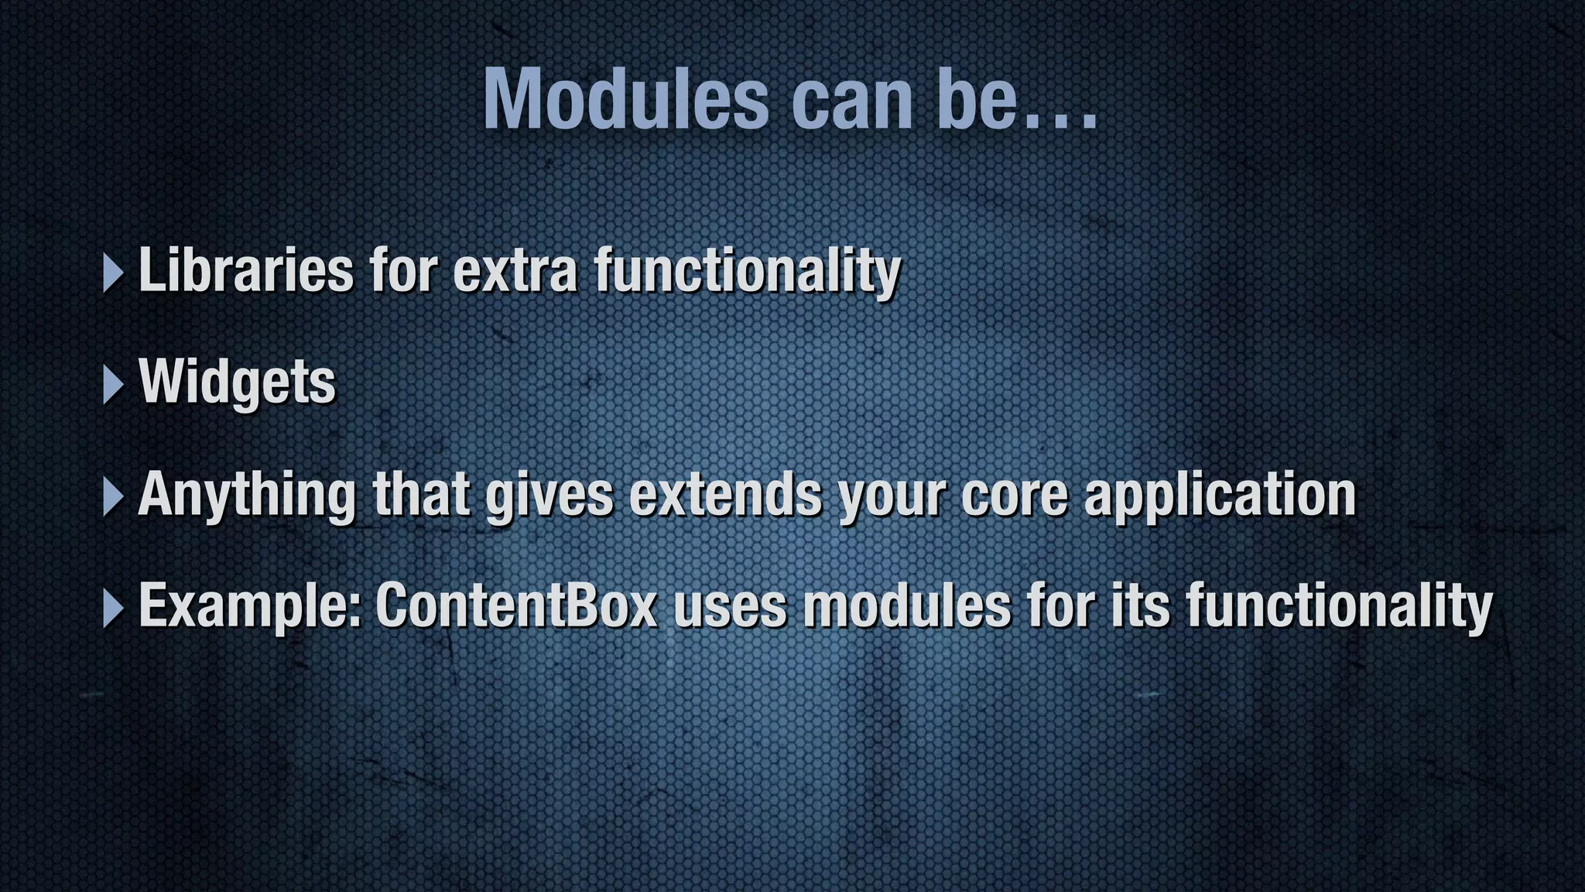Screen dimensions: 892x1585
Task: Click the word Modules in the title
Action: pyautogui.click(x=626, y=100)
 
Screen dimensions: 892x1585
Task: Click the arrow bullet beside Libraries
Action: pyautogui.click(x=113, y=273)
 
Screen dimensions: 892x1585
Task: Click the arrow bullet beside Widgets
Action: pyautogui.click(x=113, y=384)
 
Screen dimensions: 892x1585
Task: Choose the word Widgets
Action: pyautogui.click(x=238, y=382)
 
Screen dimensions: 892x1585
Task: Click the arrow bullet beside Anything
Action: pyautogui.click(x=113, y=496)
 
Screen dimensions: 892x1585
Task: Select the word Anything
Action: pyautogui.click(x=247, y=496)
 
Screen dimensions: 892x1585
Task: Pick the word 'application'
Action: pyautogui.click(x=1220, y=496)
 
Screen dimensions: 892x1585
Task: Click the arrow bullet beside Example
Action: pyautogui.click(x=113, y=608)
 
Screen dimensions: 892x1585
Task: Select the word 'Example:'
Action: pyautogui.click(x=250, y=607)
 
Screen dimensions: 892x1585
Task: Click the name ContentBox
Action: pyautogui.click(x=516, y=606)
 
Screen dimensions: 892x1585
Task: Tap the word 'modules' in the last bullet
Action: pyautogui.click(x=906, y=606)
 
